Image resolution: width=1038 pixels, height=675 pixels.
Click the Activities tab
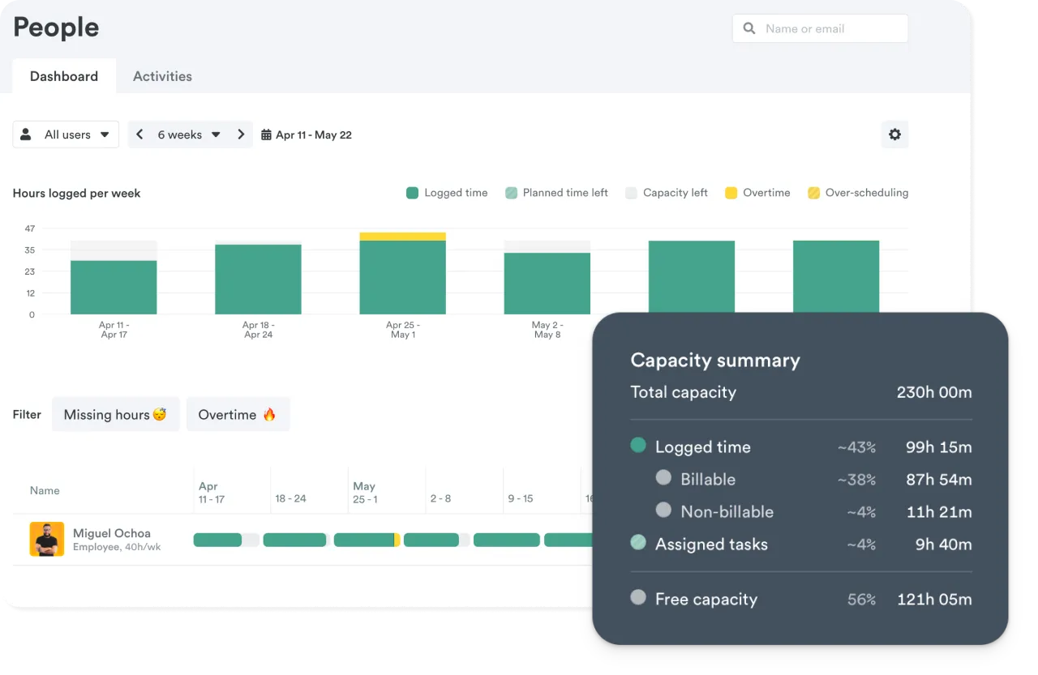[x=162, y=76]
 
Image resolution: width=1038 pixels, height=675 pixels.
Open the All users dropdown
[x=66, y=135]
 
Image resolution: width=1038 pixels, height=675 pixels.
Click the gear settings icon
[x=894, y=135]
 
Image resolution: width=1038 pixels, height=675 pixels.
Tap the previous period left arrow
[x=139, y=135]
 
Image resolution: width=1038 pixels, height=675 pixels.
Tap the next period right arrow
[x=241, y=135]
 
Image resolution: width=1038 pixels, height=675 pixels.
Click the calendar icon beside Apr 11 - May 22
[x=266, y=135]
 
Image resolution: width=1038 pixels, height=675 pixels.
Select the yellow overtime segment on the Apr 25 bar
[x=402, y=237]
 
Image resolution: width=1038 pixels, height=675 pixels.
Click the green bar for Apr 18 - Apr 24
[x=258, y=280]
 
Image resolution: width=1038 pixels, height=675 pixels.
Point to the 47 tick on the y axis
[x=30, y=229]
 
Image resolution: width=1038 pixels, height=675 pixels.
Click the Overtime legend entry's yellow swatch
[x=731, y=193]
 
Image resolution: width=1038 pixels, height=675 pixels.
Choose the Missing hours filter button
[x=115, y=414]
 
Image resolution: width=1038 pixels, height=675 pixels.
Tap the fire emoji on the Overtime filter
[x=269, y=414]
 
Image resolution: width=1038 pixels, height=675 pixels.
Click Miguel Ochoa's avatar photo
[x=47, y=539]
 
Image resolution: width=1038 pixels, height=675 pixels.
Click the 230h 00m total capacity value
[x=934, y=392]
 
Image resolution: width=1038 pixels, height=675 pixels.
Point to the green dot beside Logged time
[x=638, y=445]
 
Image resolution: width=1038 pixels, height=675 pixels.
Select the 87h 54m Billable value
[x=938, y=480]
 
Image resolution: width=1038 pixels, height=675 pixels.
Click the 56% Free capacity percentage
[x=861, y=600]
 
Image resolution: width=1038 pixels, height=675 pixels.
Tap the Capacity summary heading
[x=715, y=361]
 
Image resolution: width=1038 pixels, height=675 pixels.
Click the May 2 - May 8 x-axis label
[x=547, y=330]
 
